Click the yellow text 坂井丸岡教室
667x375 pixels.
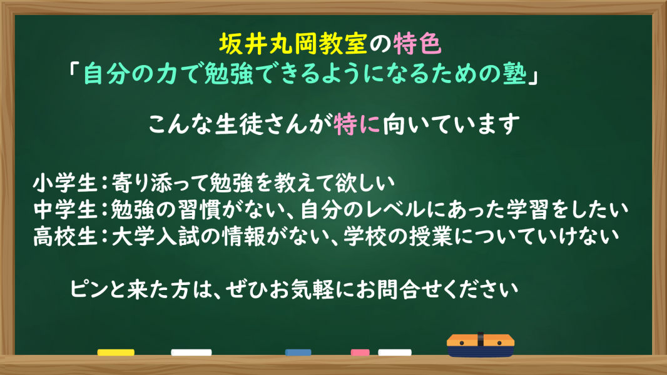293,44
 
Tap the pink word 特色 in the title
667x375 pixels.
417,44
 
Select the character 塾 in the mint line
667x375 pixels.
514,74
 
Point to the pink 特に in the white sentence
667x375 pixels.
357,124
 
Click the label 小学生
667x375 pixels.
65,183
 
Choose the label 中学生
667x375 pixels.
65,209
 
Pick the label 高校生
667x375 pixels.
65,236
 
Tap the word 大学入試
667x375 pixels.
155,236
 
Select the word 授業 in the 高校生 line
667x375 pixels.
430,236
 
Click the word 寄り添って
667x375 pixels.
161,183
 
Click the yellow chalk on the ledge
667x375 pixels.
116,352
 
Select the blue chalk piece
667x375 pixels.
298,352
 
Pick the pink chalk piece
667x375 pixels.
360,352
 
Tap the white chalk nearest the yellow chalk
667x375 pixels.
191,352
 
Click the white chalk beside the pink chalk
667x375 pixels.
395,352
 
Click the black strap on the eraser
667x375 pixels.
481,339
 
